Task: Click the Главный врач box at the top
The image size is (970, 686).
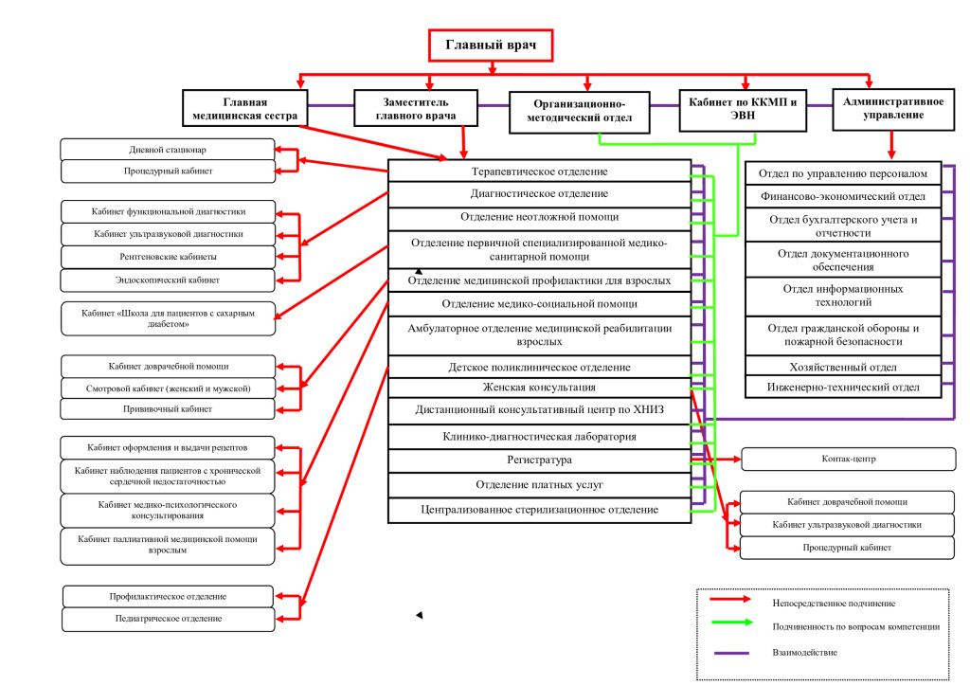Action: [x=491, y=45]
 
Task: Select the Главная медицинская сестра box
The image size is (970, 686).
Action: [x=245, y=109]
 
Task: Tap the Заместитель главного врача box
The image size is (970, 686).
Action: [x=416, y=109]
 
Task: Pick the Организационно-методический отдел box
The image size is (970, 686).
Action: [x=580, y=112]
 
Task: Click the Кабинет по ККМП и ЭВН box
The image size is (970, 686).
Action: [x=743, y=110]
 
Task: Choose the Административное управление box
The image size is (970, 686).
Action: [x=893, y=110]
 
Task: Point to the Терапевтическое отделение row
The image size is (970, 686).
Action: [x=539, y=171]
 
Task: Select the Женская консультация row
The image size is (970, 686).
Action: [x=539, y=388]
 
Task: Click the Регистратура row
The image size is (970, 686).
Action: [x=539, y=460]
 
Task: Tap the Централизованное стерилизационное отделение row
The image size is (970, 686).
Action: [x=539, y=511]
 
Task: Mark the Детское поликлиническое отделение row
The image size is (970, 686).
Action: [x=539, y=367]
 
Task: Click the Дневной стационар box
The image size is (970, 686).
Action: [x=168, y=150]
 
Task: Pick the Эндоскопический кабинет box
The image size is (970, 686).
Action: [x=168, y=280]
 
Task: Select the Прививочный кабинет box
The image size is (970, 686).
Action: [x=168, y=409]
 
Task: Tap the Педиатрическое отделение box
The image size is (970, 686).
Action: [x=169, y=619]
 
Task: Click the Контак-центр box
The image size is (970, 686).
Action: [x=849, y=459]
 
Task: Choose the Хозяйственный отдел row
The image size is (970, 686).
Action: [x=843, y=367]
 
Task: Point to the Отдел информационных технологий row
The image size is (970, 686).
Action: [x=843, y=297]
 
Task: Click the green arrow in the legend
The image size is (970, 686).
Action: [x=732, y=623]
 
